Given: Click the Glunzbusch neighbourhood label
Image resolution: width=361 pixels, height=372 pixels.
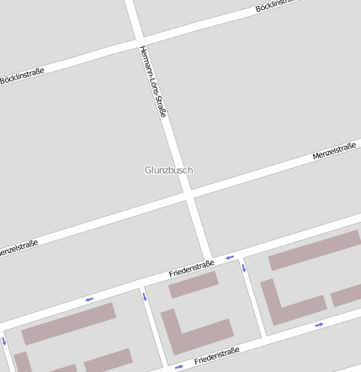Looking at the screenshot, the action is [168, 170].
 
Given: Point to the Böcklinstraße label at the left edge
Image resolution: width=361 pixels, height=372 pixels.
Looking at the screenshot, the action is [22, 77].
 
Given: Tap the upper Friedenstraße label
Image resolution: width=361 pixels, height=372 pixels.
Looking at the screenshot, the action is [191, 268].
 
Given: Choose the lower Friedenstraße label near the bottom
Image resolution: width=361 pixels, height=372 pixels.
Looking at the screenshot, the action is [216, 355].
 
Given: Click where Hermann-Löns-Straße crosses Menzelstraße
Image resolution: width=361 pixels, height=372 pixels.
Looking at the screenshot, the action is [190, 197].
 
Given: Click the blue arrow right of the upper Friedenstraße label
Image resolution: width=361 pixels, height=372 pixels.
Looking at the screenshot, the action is [228, 256].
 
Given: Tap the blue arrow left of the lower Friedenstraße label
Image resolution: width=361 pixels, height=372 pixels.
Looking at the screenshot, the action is [178, 367].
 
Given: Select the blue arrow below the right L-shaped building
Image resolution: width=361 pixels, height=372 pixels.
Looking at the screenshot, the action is [319, 325].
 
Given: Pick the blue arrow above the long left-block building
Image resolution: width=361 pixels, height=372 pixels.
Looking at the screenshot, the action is [88, 298].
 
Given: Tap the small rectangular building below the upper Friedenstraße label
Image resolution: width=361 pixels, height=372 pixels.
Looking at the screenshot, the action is [193, 284].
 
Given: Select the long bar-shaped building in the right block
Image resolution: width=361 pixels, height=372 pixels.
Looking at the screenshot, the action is [313, 250].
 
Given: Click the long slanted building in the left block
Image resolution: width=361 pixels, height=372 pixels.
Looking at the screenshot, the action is [68, 324].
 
